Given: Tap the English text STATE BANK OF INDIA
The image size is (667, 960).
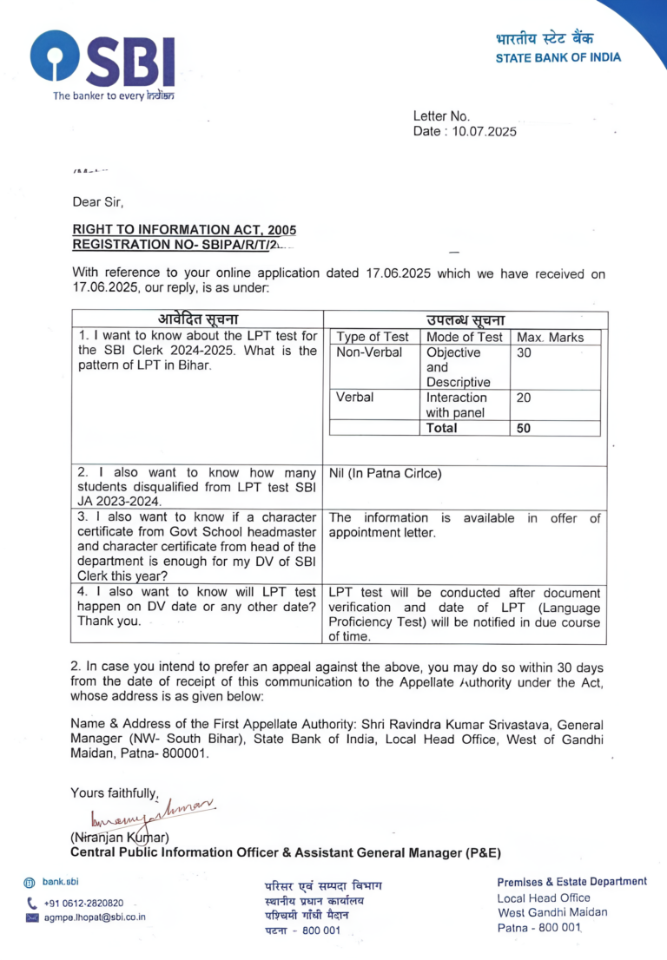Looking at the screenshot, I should pyautogui.click(x=558, y=58).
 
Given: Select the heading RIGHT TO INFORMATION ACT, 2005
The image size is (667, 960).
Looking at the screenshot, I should pyautogui.click(x=184, y=230).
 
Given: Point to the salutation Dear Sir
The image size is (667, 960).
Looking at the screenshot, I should pyautogui.click(x=98, y=202).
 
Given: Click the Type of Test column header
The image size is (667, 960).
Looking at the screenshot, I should pyautogui.click(x=373, y=337).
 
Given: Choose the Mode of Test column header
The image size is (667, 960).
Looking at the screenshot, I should pyautogui.click(x=465, y=337).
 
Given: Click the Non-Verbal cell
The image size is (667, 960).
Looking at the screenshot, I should pyautogui.click(x=369, y=353).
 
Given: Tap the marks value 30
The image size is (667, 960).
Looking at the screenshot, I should pyautogui.click(x=524, y=353).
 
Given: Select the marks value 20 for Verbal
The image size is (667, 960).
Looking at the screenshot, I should pyautogui.click(x=524, y=398).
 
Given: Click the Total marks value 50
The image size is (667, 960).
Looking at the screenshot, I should pyautogui.click(x=524, y=428).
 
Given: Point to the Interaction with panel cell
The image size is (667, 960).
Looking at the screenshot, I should pyautogui.click(x=457, y=405).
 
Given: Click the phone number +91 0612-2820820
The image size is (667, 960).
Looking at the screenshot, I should pyautogui.click(x=83, y=903).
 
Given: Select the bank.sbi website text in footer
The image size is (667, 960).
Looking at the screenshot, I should pyautogui.click(x=61, y=882).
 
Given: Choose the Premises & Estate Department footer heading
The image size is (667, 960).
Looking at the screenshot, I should pyautogui.click(x=571, y=882).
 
